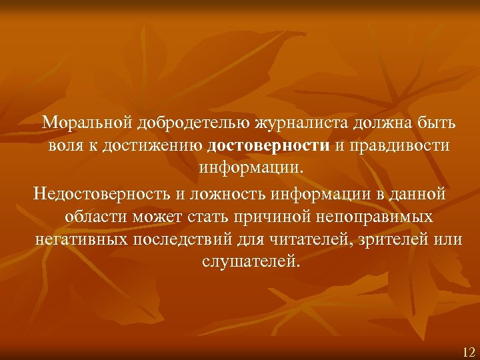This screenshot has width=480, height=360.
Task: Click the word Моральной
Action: (87, 123)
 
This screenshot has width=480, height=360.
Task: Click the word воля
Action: (62, 146)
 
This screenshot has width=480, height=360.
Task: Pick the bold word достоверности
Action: (268, 146)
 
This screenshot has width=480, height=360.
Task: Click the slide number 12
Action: (467, 351)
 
